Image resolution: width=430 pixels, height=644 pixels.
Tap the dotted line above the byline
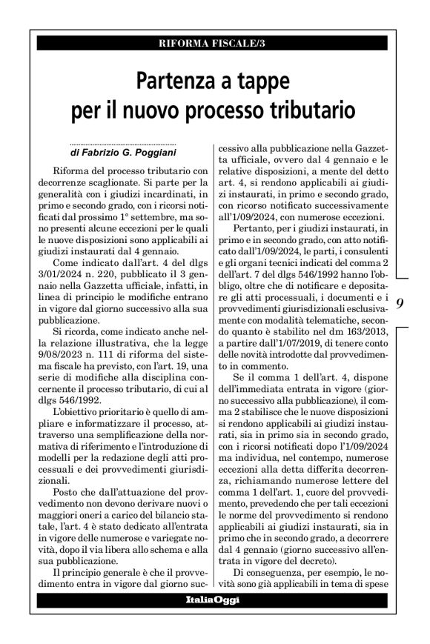pyautogui.click(x=119, y=144)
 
